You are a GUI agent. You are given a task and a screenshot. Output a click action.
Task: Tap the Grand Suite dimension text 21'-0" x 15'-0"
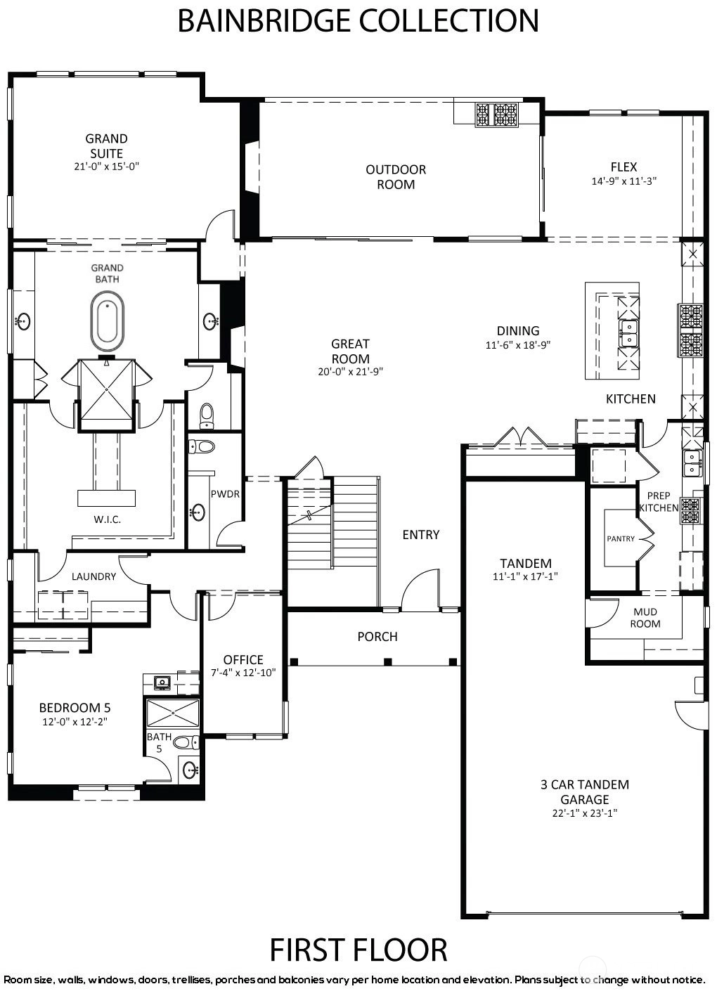(x=107, y=167)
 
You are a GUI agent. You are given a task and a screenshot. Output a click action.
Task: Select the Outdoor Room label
(x=396, y=177)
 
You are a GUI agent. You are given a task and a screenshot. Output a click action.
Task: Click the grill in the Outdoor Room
(x=497, y=115)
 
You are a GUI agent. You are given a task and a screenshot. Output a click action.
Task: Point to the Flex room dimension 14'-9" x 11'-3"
(x=624, y=181)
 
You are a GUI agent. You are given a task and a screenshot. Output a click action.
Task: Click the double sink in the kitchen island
(x=628, y=334)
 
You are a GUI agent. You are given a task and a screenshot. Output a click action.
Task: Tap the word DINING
(x=518, y=331)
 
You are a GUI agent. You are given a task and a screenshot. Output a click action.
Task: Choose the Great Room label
(x=350, y=351)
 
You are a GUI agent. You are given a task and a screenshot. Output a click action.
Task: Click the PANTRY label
(x=621, y=538)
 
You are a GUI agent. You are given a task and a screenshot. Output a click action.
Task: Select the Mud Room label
(x=645, y=617)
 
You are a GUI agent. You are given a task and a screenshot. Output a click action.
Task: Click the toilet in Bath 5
(x=186, y=742)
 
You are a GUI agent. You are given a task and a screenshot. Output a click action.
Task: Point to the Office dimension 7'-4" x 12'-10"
(x=243, y=673)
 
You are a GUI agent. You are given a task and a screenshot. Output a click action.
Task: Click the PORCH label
(x=377, y=637)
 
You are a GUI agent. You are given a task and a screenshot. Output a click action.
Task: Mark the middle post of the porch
(x=388, y=662)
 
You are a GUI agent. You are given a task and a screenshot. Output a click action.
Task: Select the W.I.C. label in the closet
(x=108, y=520)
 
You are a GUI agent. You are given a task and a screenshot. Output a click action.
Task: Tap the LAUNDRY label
(x=94, y=576)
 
